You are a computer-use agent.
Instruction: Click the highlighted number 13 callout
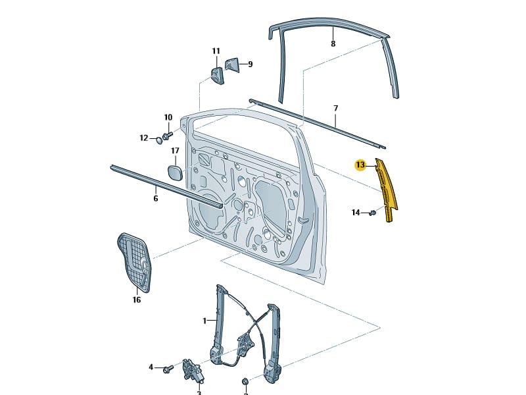click(360, 165)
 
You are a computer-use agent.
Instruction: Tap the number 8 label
click(333, 44)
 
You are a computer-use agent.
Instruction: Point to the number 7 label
click(335, 108)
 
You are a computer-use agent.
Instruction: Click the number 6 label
click(156, 198)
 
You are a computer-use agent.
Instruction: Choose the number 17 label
click(175, 151)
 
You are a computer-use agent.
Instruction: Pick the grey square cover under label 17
click(175, 172)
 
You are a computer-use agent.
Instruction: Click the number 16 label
click(137, 300)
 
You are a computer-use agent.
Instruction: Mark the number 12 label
click(144, 138)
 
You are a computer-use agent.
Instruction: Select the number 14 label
click(356, 213)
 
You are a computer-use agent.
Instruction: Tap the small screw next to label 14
click(372, 212)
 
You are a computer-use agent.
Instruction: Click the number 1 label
click(204, 321)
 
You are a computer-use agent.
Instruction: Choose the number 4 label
click(151, 367)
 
